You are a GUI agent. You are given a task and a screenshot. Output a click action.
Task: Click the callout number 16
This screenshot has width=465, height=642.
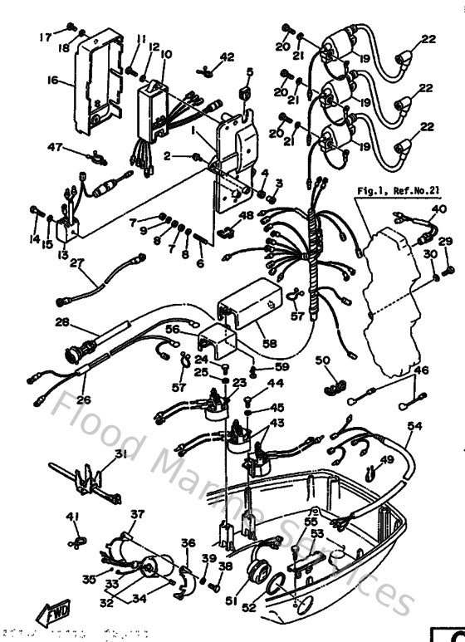click(52, 81)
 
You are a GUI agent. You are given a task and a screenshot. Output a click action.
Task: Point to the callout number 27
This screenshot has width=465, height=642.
click(78, 264)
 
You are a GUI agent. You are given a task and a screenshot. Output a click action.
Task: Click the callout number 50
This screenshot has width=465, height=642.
click(323, 360)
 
